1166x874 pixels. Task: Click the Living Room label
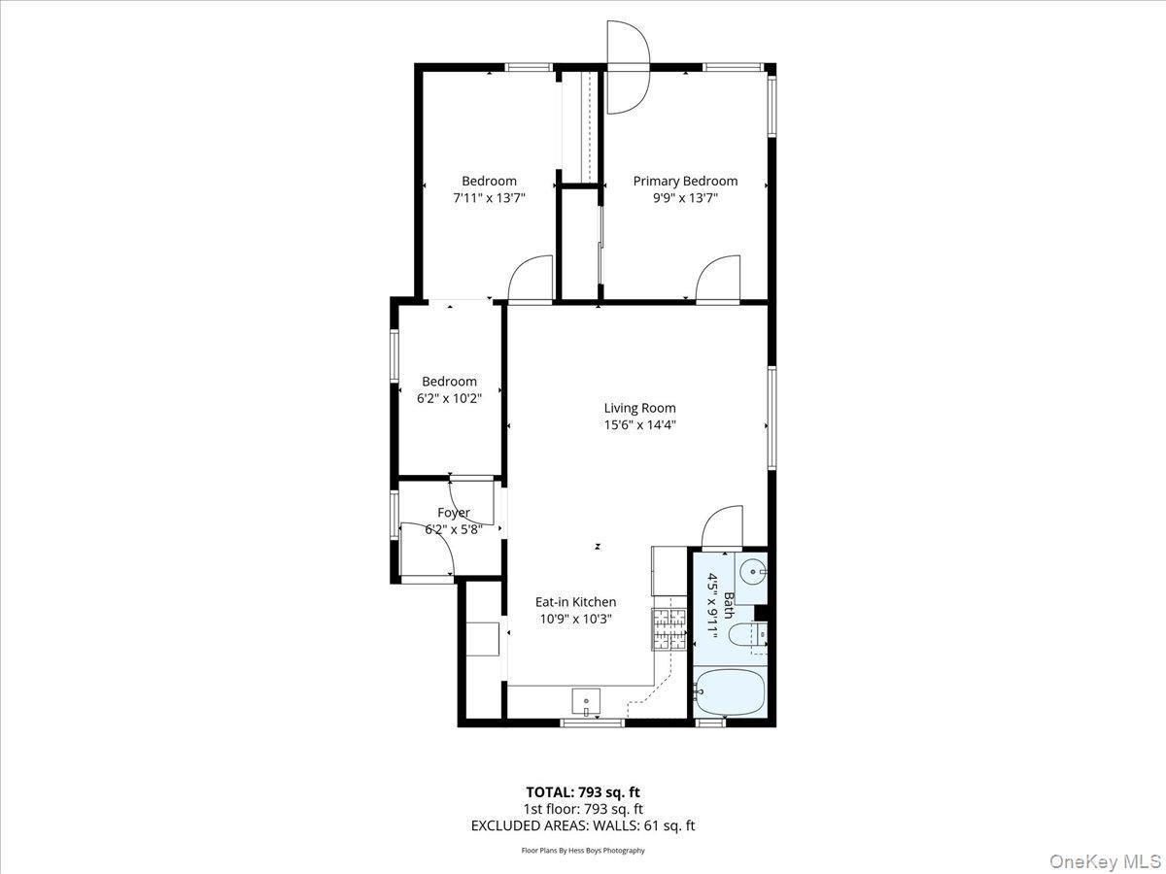coord(639,408)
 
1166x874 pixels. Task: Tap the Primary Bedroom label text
coord(685,181)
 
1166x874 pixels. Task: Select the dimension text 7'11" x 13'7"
coord(489,197)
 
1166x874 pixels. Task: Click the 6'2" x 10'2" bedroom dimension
coord(449,398)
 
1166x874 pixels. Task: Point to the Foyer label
coord(453,513)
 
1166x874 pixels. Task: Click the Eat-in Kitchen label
coord(575,602)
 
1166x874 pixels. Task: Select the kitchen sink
coord(586,699)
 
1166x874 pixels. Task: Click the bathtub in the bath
coord(731,693)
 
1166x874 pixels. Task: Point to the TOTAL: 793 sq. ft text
coord(583,791)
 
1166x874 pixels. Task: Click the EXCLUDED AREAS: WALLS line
coord(583,826)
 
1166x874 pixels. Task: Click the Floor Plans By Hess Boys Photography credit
coord(583,851)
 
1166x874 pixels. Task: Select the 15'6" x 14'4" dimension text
coord(639,424)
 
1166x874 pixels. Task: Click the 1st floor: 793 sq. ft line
coord(583,809)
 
